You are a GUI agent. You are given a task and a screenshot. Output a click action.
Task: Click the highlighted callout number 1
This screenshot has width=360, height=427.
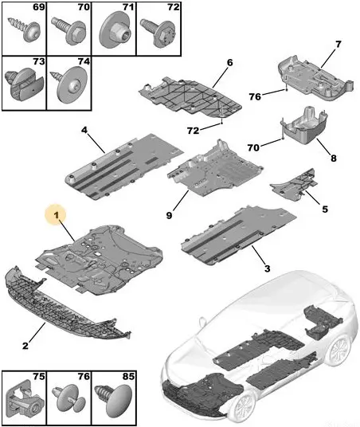57,215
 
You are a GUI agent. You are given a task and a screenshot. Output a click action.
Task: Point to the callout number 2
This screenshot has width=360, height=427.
25,346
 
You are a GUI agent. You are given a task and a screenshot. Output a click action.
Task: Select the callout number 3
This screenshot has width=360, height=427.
268,268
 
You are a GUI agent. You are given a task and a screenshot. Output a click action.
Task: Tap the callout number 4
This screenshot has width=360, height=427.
84,130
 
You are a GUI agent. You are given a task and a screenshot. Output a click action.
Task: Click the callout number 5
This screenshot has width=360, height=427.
325,210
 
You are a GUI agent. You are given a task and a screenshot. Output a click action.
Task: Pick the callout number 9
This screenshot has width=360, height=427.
169,215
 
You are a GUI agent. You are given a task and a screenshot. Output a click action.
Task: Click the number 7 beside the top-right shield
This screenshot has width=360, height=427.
338,44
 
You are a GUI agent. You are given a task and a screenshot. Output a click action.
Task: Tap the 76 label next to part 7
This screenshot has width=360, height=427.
255,96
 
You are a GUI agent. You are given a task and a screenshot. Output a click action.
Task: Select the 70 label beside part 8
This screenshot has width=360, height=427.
253,147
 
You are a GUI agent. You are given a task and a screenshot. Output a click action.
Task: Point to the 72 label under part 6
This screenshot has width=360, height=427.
193,131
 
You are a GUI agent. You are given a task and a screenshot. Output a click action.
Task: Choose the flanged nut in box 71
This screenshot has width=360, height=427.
118,31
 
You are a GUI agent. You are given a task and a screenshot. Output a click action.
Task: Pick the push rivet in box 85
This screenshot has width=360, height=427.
115,399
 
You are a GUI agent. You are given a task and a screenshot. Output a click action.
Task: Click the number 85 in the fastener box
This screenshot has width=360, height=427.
128,376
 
